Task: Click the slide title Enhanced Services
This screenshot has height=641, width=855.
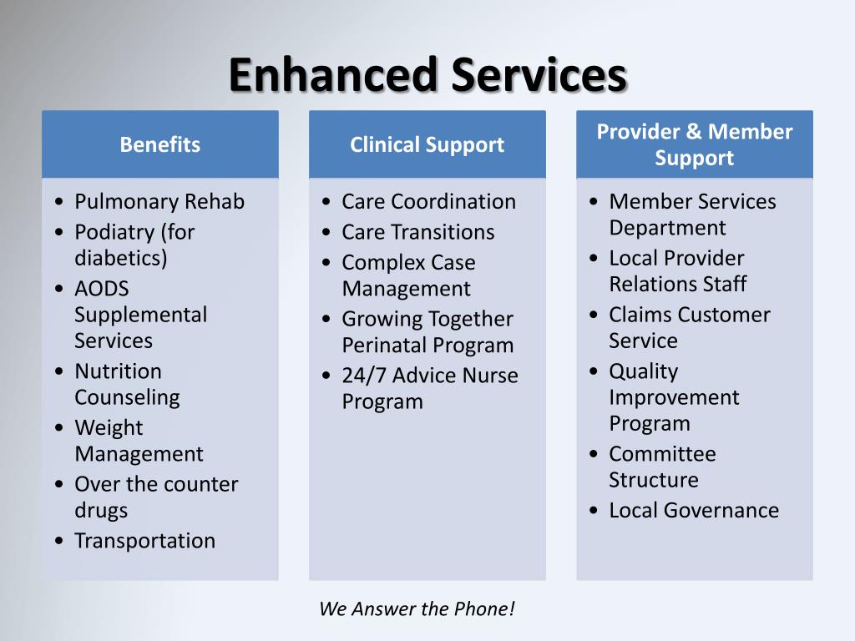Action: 427,75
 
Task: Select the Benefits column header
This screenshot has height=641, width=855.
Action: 159,144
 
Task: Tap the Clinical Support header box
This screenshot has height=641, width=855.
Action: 427,144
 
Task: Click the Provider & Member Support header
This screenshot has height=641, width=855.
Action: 694,144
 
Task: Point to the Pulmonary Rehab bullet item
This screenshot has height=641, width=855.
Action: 159,201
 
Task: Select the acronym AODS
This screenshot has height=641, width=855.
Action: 102,288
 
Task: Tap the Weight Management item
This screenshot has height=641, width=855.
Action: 139,441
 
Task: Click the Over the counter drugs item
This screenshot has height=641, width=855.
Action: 156,497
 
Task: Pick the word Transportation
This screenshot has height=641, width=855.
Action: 144,540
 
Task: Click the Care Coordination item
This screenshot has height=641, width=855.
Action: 428,201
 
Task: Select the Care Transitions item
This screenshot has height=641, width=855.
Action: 417,231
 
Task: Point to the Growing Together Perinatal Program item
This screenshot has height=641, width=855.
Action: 427,331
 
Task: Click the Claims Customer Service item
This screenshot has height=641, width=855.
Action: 690,327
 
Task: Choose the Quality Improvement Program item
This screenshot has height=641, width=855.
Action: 674,396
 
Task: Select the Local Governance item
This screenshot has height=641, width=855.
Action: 693,510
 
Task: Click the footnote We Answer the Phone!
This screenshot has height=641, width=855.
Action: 417,608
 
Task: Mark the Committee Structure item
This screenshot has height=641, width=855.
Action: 662,467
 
